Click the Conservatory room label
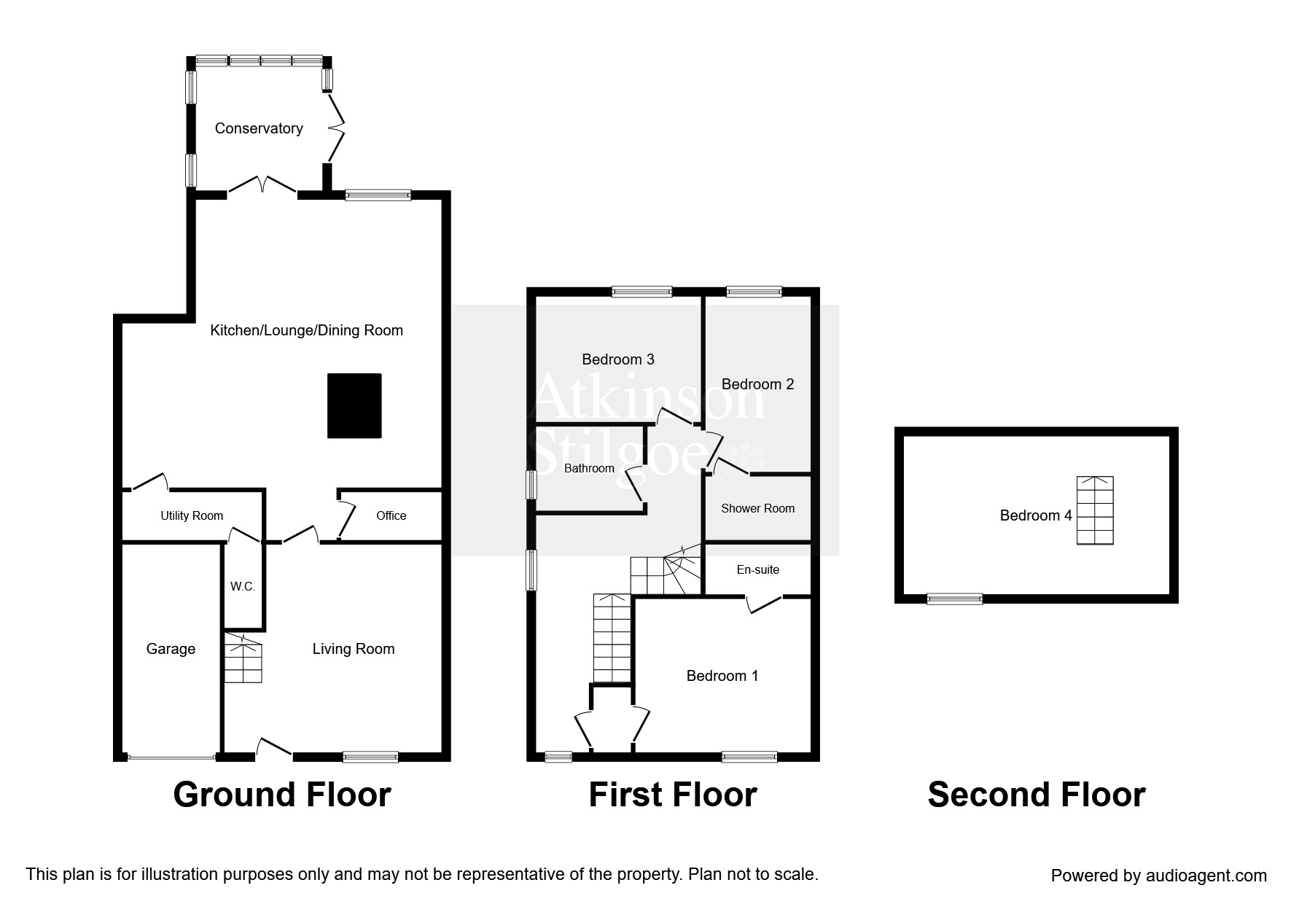[x=259, y=128]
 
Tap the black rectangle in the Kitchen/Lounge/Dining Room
[x=354, y=406]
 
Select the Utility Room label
[x=192, y=516]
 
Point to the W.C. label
[x=243, y=586]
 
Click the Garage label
[x=171, y=649]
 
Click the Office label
[x=391, y=516]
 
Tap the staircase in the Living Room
[x=243, y=659]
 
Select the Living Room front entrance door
[x=274, y=749]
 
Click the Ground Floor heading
[x=282, y=795]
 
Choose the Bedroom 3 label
[x=617, y=359]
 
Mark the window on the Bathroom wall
[x=533, y=485]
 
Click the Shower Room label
[x=757, y=509]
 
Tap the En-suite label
[x=757, y=570]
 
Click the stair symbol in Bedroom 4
[x=1095, y=510]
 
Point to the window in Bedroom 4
[x=954, y=599]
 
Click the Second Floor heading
[x=1036, y=795]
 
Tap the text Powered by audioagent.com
[x=1158, y=876]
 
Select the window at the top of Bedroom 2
[x=754, y=292]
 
